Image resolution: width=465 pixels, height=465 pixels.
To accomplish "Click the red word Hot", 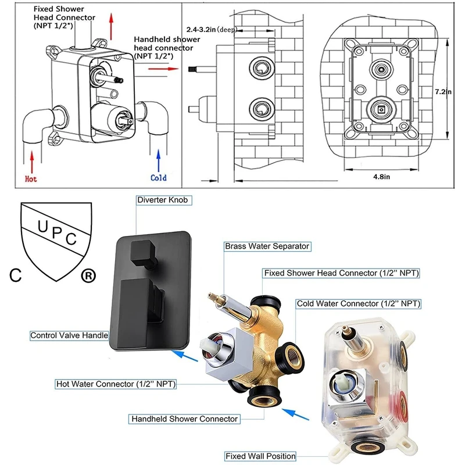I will click(x=31, y=179).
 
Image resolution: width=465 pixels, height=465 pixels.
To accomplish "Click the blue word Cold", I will click(x=158, y=178).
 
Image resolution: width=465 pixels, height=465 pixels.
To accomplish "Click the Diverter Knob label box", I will click(x=163, y=200).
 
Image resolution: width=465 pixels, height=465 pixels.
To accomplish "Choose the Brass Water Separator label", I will click(x=267, y=246).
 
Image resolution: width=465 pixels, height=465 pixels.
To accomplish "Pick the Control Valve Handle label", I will click(x=69, y=335).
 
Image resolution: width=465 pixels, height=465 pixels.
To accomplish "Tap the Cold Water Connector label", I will click(x=358, y=303).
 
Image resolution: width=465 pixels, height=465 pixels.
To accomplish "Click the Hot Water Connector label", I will click(x=116, y=384).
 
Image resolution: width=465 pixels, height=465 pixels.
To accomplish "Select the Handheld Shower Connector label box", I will click(x=184, y=419).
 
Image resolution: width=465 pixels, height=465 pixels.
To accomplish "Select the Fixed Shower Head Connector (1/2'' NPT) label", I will click(x=342, y=273).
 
